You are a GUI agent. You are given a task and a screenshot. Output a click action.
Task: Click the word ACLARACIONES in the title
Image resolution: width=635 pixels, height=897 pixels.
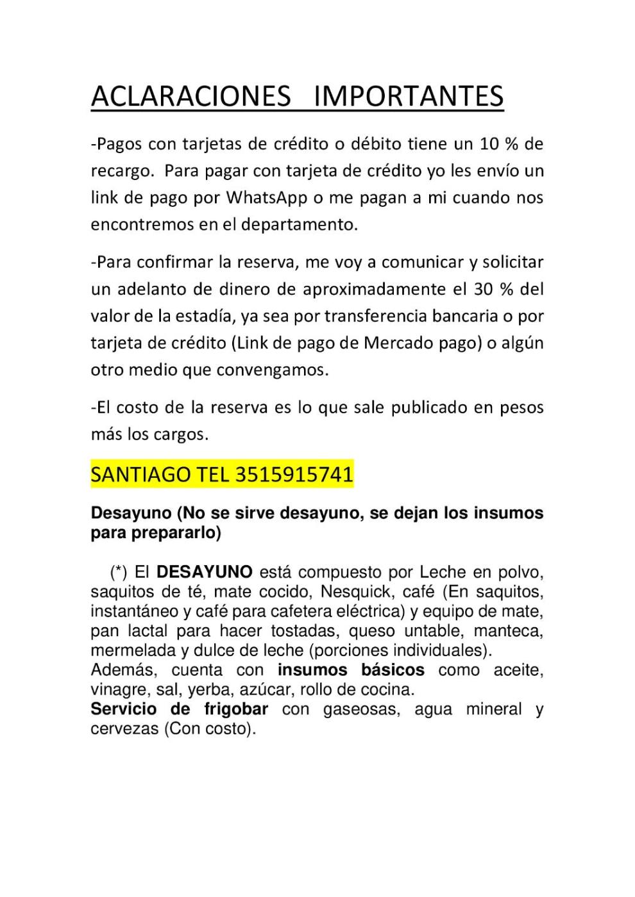click(190, 96)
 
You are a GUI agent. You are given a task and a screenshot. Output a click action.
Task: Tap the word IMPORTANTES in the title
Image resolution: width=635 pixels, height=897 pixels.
click(409, 96)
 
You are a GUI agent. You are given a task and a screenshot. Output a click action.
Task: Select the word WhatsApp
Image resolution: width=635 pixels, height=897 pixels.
click(267, 197)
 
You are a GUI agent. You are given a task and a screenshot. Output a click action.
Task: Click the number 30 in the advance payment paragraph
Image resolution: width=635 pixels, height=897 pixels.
click(483, 289)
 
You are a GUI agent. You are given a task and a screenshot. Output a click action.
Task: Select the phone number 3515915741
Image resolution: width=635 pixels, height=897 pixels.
click(294, 475)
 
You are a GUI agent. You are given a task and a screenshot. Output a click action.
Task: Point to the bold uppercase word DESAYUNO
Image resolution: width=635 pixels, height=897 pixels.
click(205, 572)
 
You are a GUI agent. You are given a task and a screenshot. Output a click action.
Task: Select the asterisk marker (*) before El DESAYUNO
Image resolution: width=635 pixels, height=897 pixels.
click(120, 572)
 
